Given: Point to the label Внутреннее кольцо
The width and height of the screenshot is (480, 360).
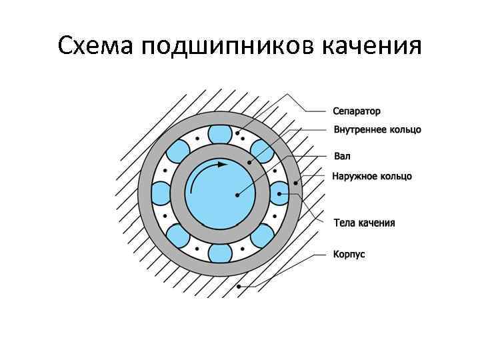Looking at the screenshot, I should pos(377,129).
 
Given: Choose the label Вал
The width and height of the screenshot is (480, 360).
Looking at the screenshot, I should pos(341,157).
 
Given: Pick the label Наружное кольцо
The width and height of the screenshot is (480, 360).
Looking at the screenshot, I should pos(372,176).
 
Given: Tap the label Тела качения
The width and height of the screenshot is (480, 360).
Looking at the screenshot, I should pos(364,223).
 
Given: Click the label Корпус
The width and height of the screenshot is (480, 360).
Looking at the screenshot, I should pos(349,254).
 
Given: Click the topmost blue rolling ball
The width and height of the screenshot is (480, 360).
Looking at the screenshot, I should pos(220,134).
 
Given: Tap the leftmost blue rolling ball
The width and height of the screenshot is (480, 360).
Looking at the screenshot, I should pos(161,193).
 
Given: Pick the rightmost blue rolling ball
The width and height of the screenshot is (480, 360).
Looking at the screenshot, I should pos(279,193).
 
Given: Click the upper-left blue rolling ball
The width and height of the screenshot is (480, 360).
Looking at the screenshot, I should pos(178,151).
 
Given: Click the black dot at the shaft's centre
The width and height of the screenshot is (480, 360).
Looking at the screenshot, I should pos(236,195).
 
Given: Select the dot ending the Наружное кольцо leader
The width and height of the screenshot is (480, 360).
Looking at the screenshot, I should pos(296,181).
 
